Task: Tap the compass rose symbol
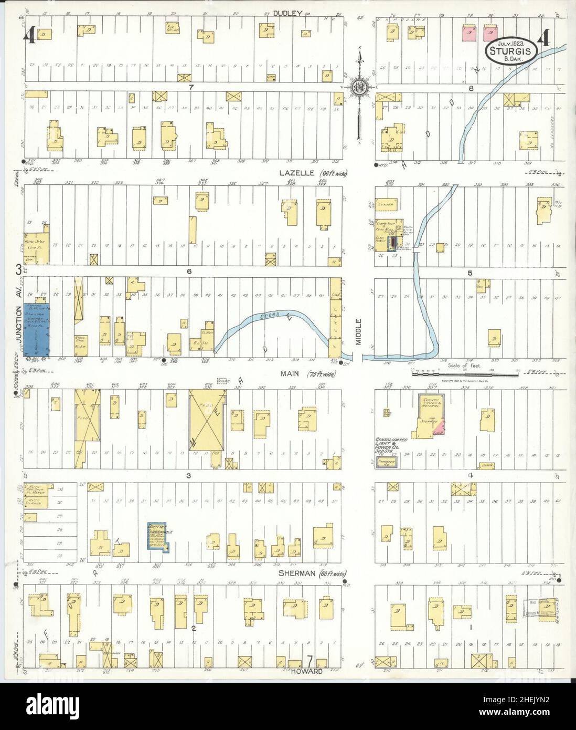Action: click(360, 85)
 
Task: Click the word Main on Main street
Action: click(289, 374)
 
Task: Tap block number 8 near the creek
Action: click(471, 88)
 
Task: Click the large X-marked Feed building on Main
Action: click(207, 420)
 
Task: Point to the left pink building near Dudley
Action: click(469, 34)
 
